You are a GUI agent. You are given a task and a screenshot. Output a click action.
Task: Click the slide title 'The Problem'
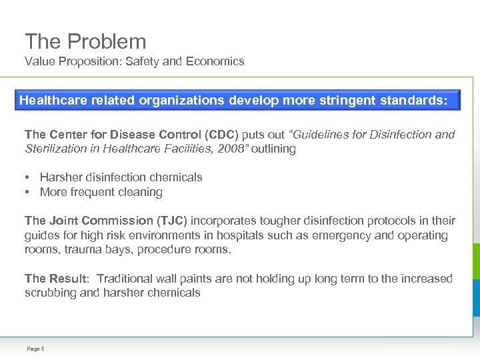pyautogui.click(x=85, y=41)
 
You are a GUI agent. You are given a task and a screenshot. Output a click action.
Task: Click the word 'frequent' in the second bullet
pyautogui.click(x=92, y=192)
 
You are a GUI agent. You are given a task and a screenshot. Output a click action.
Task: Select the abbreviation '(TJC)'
pyautogui.click(x=173, y=221)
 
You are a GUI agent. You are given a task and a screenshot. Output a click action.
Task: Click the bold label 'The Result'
pyautogui.click(x=55, y=279)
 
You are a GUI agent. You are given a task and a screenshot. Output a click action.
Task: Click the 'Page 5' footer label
pyautogui.click(x=35, y=349)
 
